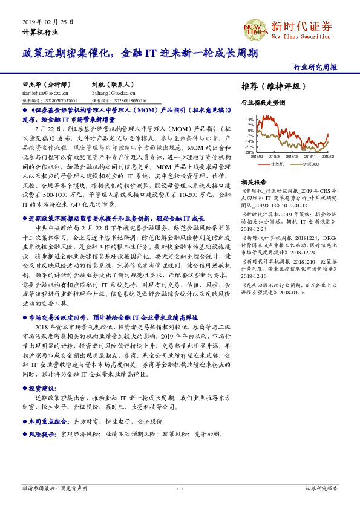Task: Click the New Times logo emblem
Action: click(255, 28)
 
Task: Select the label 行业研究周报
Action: click(315, 67)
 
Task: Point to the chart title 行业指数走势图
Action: click(263, 103)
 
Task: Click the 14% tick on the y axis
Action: click(250, 120)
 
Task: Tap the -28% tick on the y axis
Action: click(249, 152)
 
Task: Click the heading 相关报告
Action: click(254, 182)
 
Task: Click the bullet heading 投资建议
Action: click(42, 388)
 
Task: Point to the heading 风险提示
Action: click(42, 434)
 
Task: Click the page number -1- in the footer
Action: click(180, 487)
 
